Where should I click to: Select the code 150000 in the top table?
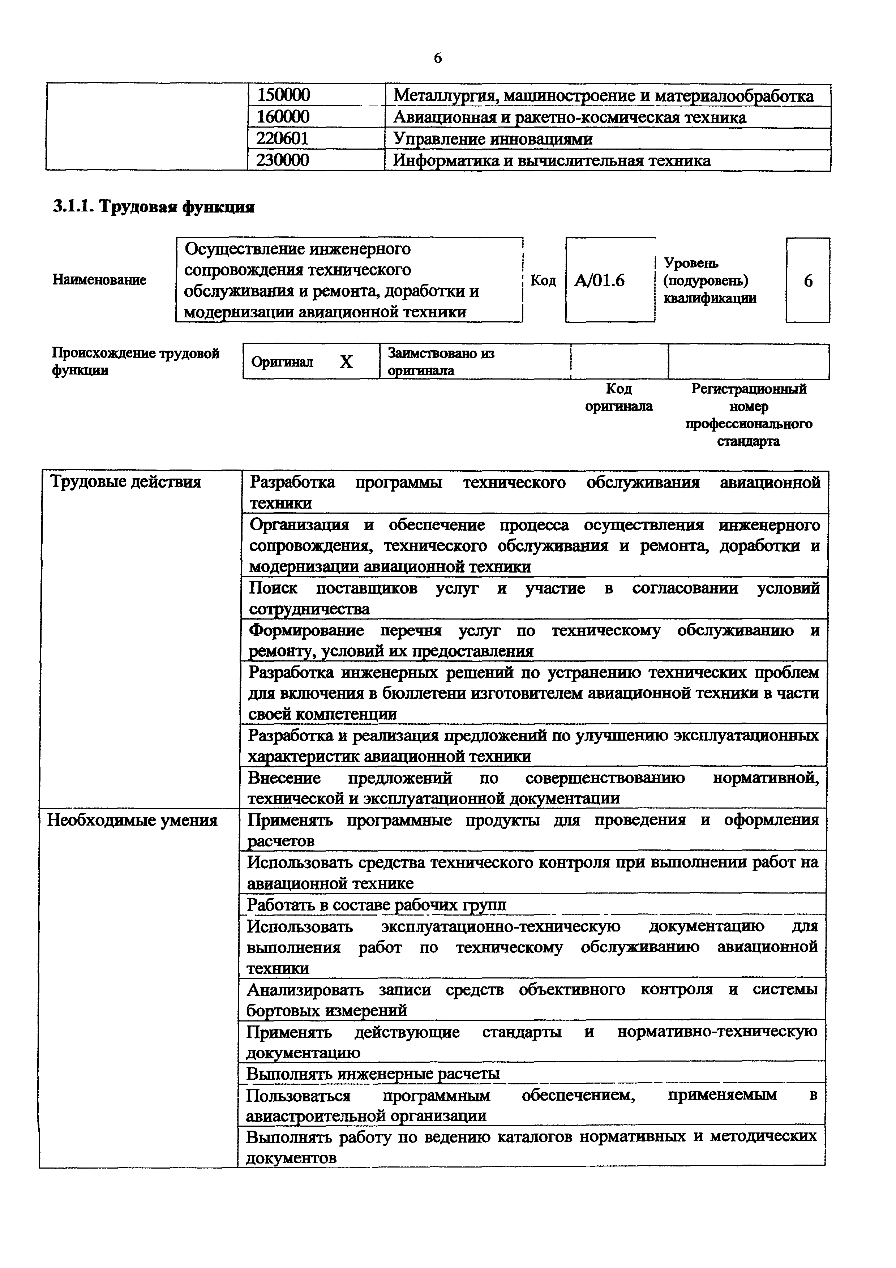(x=283, y=95)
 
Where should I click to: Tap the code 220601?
(x=282, y=138)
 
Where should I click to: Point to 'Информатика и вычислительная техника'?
(x=552, y=161)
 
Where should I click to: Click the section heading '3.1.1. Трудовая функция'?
(x=154, y=207)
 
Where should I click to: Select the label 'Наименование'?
(x=99, y=280)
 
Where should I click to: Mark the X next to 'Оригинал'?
(x=346, y=362)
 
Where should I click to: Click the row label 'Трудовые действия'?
(x=126, y=482)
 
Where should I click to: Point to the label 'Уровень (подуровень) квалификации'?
(x=709, y=280)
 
